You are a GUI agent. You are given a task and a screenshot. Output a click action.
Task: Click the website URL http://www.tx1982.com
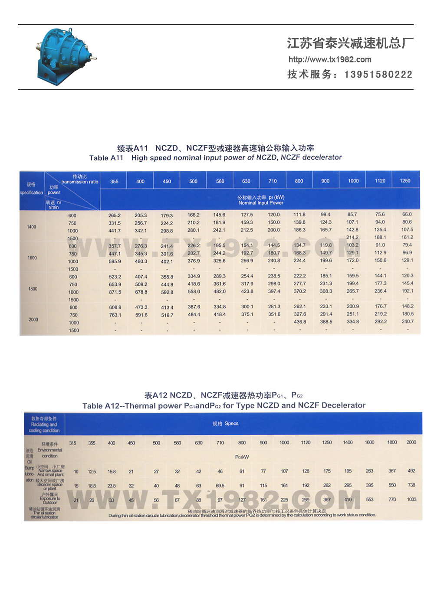coord(330,59)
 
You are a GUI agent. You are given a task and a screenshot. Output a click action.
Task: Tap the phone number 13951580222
coord(378,75)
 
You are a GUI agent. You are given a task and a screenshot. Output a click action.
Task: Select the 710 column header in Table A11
coord(273,181)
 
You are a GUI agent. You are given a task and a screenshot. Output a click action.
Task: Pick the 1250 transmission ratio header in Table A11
coord(405,181)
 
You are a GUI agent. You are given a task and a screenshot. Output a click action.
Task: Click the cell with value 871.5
coord(115,292)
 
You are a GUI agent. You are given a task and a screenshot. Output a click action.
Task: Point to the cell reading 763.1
coord(115,315)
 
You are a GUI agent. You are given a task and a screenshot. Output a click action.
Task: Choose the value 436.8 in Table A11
coord(300,322)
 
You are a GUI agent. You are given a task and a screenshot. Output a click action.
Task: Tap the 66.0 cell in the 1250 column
coord(407,214)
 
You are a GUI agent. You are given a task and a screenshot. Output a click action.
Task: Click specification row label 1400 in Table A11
coord(32,227)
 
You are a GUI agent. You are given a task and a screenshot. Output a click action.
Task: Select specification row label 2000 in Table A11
coord(33,320)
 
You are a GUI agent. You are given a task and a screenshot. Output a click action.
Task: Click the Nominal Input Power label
coord(260,202)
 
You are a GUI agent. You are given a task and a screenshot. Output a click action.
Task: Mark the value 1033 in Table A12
coord(411,499)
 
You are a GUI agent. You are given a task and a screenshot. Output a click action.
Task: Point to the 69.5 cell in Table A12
coord(220,486)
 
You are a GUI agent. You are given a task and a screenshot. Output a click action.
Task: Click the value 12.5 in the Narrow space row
coord(92,472)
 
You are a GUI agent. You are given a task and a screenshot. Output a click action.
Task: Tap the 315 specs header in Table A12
coord(72,443)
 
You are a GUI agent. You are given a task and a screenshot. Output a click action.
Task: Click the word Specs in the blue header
coord(231,424)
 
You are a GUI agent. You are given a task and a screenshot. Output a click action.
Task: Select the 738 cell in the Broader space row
coord(411,485)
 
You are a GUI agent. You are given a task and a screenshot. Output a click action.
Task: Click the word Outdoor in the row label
coord(50,503)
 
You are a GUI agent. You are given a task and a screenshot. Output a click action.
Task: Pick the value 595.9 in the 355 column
coord(115,261)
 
